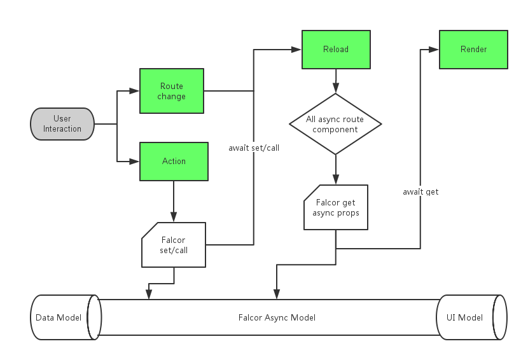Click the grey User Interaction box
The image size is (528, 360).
point(62,123)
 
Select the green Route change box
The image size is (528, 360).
point(172,91)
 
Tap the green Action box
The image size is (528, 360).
point(174,161)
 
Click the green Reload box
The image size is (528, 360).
point(335,49)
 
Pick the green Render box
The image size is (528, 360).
point(473,49)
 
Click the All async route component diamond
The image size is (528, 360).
point(335,124)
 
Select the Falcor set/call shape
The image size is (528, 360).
point(174,244)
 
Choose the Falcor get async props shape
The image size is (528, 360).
point(335,207)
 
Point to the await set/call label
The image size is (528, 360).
point(254,148)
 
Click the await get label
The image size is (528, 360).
point(420,191)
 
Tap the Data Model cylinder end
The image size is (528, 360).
point(59,317)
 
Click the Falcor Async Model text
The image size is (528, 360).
point(277,317)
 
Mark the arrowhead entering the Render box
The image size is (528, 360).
point(434,49)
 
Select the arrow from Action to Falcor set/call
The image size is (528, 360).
point(174,201)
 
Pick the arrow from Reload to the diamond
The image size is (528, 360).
point(335,81)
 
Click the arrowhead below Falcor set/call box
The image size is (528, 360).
point(149,294)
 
